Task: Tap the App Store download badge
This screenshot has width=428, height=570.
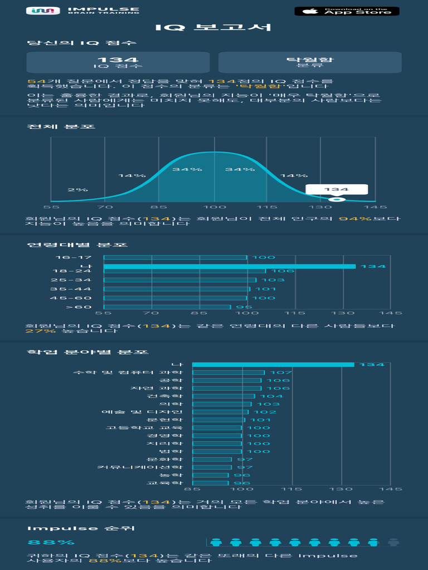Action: click(347, 11)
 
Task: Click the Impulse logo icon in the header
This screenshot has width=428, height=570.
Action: click(43, 11)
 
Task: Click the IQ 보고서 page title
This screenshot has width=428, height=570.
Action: click(213, 27)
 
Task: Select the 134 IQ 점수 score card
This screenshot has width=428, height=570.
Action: click(118, 62)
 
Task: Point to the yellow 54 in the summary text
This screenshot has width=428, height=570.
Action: click(33, 82)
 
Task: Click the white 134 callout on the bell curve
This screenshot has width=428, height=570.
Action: click(337, 189)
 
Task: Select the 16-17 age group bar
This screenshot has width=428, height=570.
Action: click(175, 258)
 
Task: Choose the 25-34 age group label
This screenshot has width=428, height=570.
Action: click(71, 280)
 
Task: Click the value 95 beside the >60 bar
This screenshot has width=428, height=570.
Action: click(240, 307)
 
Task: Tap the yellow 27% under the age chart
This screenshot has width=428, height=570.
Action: click(33, 331)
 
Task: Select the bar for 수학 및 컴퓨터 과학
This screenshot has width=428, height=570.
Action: click(228, 372)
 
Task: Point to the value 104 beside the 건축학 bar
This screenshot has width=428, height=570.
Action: click(271, 396)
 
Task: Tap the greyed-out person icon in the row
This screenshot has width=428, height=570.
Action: click(393, 542)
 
